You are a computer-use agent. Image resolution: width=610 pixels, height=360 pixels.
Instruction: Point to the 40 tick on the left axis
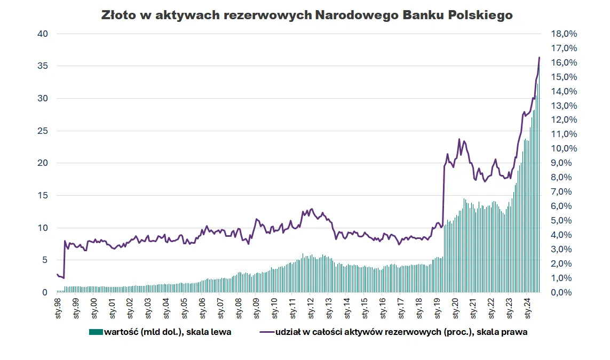pos(43,34)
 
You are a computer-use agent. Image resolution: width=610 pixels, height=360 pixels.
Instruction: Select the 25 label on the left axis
pos(43,131)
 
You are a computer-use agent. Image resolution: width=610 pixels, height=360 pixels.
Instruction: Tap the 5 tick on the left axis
pos(45,260)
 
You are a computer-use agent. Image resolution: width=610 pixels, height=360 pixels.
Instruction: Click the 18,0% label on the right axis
pos(564,34)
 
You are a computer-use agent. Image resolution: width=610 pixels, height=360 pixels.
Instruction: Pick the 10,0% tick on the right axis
pos(564,149)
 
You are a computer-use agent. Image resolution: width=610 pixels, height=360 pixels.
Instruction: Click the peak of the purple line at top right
pos(539,57)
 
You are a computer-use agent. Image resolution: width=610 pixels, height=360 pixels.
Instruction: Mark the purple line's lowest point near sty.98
pos(64,278)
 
